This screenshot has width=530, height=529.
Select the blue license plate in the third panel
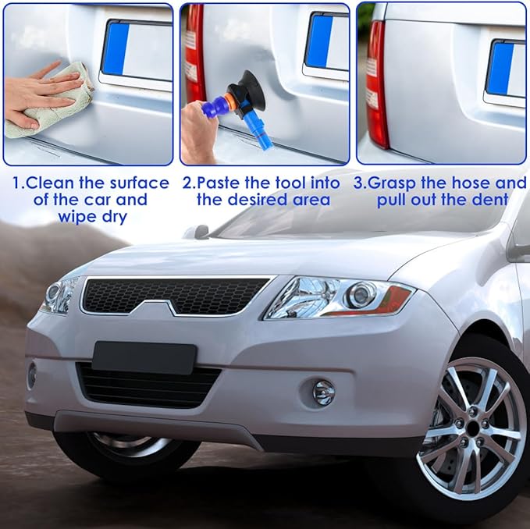tap(500, 68)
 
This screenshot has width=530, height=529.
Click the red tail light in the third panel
tap(376, 86)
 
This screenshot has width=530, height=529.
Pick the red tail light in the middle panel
tap(194, 59)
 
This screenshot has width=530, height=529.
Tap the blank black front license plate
tap(144, 357)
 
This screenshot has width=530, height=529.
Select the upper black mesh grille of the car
tap(176, 294)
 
